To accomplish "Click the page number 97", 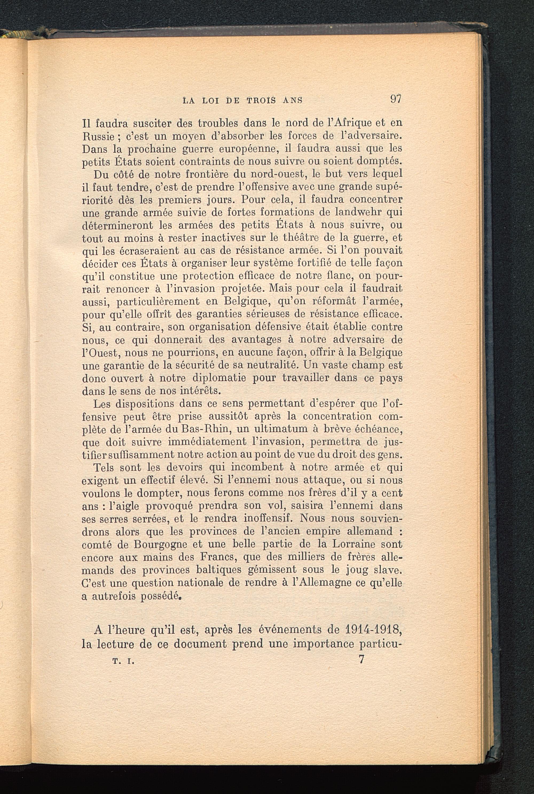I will coord(395,99).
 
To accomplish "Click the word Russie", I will coord(97,136).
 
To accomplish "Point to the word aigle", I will coord(124,506).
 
